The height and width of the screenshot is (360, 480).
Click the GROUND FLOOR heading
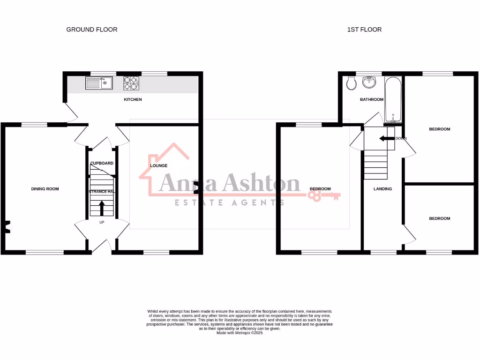click(x=92, y=30)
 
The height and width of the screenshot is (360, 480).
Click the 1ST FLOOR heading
click(x=364, y=30)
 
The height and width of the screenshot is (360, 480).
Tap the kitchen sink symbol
click(x=98, y=83)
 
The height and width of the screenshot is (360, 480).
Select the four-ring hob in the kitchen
click(x=131, y=83)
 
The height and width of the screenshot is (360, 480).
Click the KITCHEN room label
click(x=133, y=99)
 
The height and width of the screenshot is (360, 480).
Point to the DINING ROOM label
click(x=45, y=189)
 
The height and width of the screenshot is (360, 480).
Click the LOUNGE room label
click(x=158, y=166)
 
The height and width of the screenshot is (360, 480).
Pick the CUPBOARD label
click(x=102, y=163)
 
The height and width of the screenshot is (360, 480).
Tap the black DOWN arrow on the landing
click(x=386, y=139)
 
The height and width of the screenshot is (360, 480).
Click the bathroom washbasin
click(x=370, y=82)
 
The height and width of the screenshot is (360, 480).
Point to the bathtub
click(x=393, y=99)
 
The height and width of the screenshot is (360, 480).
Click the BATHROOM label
click(x=372, y=99)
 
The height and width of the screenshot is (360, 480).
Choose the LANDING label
click(x=382, y=189)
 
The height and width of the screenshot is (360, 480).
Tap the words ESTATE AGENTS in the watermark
click(x=229, y=202)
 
